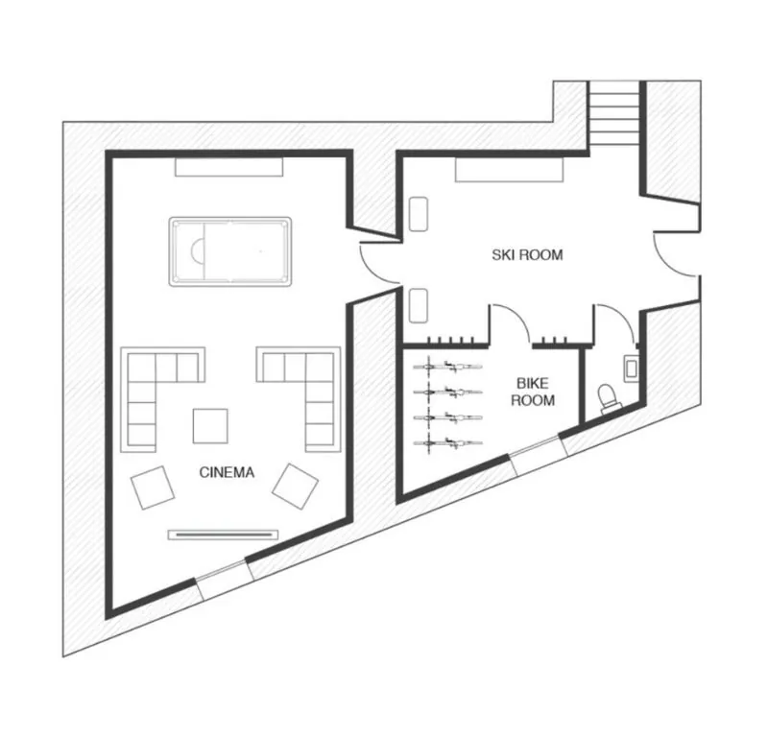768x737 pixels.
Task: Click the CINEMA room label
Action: click(x=227, y=472)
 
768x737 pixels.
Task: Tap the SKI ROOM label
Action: click(x=527, y=254)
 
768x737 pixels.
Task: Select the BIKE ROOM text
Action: click(x=533, y=392)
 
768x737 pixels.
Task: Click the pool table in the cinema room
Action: click(x=230, y=251)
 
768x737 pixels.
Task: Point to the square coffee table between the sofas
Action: click(x=210, y=426)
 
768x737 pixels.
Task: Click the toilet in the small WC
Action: click(x=609, y=396)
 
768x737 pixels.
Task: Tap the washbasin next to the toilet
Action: click(x=631, y=368)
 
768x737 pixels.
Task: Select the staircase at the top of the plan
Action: click(x=613, y=113)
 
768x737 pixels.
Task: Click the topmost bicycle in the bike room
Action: click(x=447, y=366)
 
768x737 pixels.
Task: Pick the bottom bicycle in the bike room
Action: click(x=447, y=442)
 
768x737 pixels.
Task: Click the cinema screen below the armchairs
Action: click(x=224, y=535)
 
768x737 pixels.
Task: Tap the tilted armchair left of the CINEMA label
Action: click(x=153, y=487)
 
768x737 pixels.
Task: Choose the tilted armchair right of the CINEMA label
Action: click(x=295, y=487)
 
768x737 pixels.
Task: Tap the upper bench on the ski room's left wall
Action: click(x=419, y=214)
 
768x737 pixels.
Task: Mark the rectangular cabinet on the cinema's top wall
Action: click(x=229, y=167)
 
